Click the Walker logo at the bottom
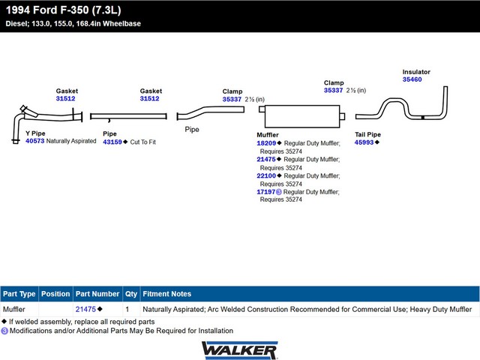pyautogui.click(x=240, y=350)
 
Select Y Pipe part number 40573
pyautogui.click(x=35, y=141)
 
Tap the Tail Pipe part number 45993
pyautogui.click(x=364, y=142)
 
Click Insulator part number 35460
pyautogui.click(x=412, y=79)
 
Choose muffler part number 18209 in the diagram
pyautogui.click(x=266, y=143)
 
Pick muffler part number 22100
pyautogui.click(x=266, y=175)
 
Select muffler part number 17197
pyautogui.click(x=266, y=192)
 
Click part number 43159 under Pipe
pyautogui.click(x=112, y=142)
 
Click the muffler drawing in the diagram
pyautogui.click(x=302, y=116)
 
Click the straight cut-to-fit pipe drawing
pyautogui.click(x=128, y=116)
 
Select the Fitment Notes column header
pyautogui.click(x=166, y=294)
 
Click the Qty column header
pyautogui.click(x=131, y=294)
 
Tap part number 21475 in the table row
pyautogui.click(x=85, y=309)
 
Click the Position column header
pyautogui.click(x=55, y=294)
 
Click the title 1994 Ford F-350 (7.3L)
pyautogui.click(x=63, y=10)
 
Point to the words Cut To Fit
pyautogui.click(x=143, y=142)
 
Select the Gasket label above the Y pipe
pyautogui.click(x=67, y=91)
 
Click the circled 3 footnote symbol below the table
pyautogui.click(x=4, y=331)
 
